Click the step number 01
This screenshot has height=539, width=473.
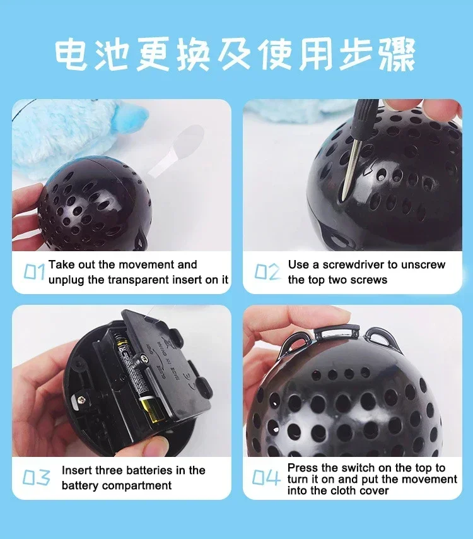34,272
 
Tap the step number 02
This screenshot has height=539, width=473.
267,272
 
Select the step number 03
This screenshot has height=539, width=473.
36,478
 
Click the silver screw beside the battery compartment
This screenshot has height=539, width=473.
82,400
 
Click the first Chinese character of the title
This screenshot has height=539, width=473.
71,55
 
